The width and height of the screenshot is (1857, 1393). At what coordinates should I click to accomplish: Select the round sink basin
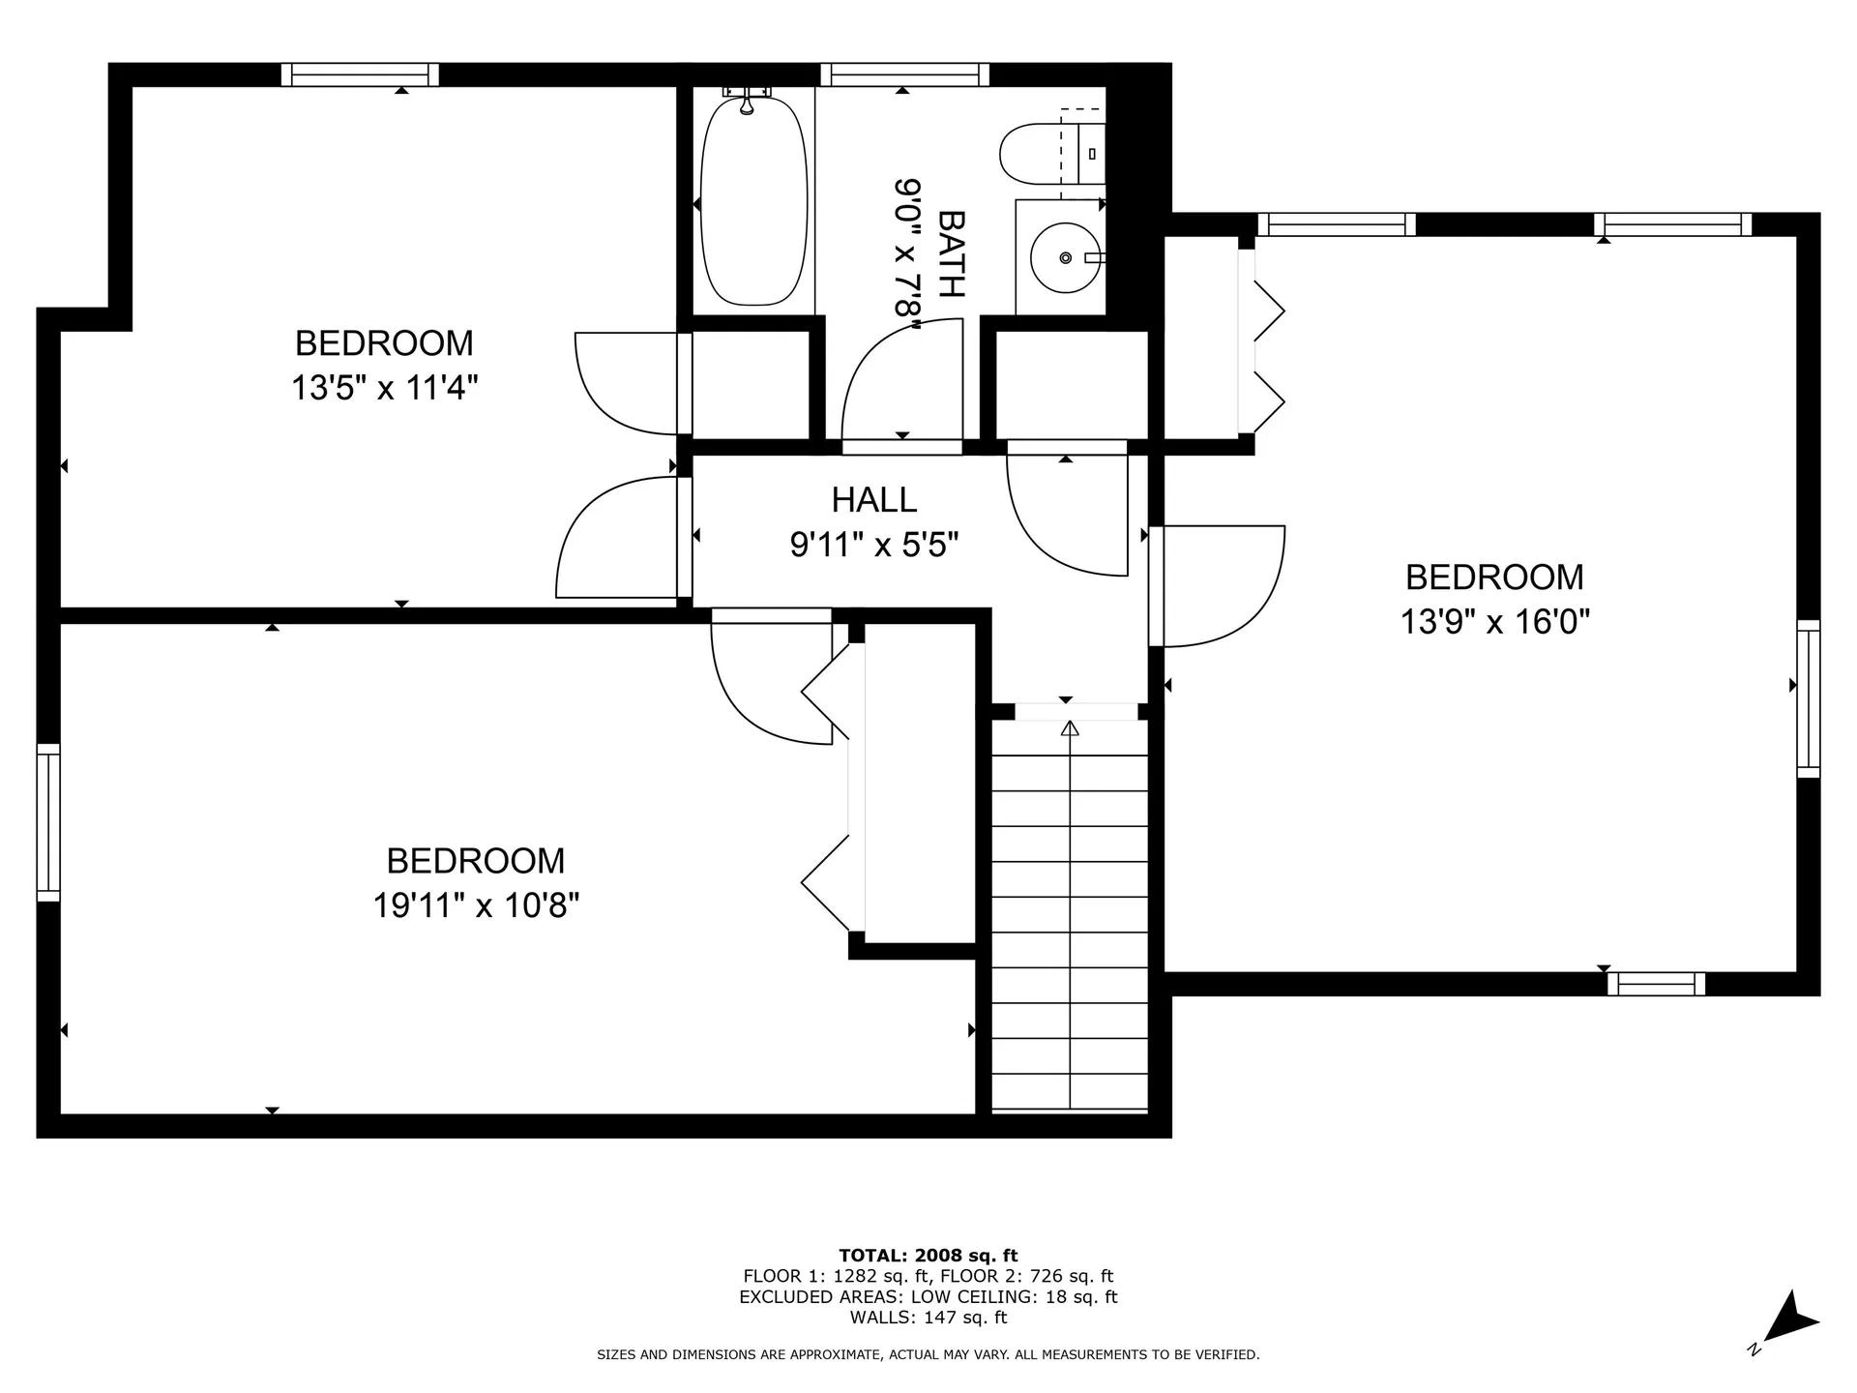pos(1065,258)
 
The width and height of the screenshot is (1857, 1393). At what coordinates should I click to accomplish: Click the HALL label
pos(874,500)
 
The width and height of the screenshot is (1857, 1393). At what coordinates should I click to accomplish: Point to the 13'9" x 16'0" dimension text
pos(1495,621)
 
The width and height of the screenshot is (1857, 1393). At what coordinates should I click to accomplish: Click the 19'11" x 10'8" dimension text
pos(476,905)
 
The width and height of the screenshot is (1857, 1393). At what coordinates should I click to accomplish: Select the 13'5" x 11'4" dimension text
pos(385,389)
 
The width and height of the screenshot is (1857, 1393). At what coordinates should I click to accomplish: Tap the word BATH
pos(952,253)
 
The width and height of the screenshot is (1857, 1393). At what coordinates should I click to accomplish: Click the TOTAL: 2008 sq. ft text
pos(928,1256)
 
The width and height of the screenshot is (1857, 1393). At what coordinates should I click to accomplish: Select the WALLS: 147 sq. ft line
pos(928,1318)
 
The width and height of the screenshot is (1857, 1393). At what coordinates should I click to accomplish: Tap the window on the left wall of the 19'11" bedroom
pos(48,822)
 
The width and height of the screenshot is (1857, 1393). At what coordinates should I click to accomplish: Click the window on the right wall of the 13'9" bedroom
pos(1809,698)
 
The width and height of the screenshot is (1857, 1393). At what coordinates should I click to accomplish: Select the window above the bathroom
pos(904,74)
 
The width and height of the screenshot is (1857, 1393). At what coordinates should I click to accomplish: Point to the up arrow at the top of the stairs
pos(1070,728)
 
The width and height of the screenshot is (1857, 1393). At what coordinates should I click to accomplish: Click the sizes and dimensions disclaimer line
pos(928,1355)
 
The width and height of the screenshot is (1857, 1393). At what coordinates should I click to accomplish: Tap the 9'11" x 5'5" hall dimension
pos(874,546)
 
